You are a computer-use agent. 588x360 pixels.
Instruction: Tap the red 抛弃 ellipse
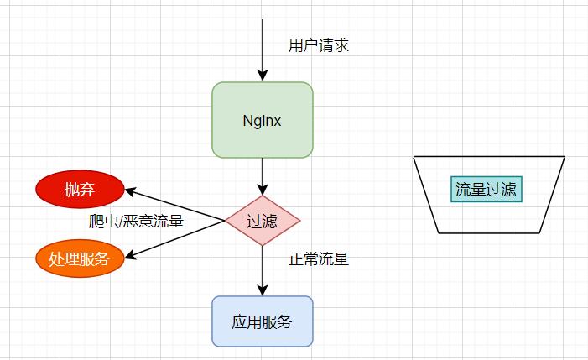coord(80,190)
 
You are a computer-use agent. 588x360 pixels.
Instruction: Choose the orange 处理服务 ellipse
coord(80,258)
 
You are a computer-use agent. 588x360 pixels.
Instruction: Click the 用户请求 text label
coord(318,45)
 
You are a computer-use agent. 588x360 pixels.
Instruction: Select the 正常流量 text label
coord(318,258)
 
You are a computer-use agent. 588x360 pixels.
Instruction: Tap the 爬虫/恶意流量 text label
coord(136,222)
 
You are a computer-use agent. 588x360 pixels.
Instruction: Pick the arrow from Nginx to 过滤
coord(263,175)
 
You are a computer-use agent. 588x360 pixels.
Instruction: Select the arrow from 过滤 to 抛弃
coord(176,206)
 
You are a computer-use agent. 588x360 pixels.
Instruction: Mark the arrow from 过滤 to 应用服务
coord(263,269)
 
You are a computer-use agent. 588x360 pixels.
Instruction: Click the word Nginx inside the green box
coord(262,120)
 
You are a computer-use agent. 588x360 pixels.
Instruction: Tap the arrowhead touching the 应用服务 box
coord(263,290)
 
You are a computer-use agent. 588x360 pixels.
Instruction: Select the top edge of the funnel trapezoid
coord(489,156)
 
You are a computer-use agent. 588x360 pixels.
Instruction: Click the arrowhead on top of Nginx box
coord(263,76)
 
